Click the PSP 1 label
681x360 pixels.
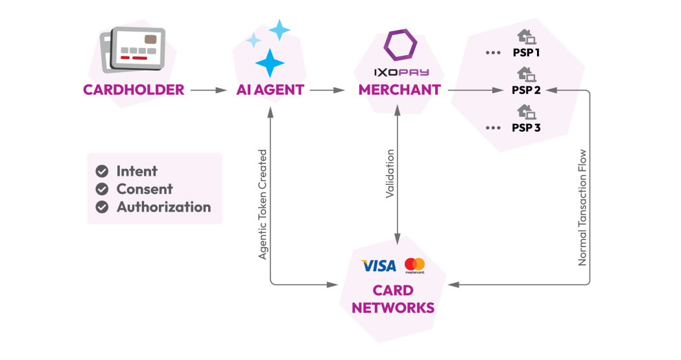(527, 53)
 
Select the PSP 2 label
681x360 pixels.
(527, 90)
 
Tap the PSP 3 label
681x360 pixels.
(527, 128)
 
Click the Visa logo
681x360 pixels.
(377, 265)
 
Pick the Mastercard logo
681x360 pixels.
(414, 265)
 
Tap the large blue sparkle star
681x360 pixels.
(270, 63)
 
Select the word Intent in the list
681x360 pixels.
(137, 171)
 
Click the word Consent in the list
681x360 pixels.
(145, 189)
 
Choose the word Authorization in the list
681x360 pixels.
(164, 208)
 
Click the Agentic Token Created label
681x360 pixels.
(263, 204)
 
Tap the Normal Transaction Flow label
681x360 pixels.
(582, 208)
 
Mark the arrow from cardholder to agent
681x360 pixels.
(207, 90)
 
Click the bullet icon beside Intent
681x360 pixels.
(101, 171)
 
